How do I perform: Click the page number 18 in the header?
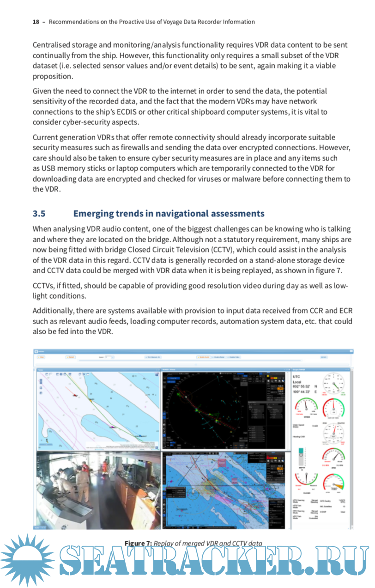point(36,22)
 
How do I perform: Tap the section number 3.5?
point(40,214)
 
